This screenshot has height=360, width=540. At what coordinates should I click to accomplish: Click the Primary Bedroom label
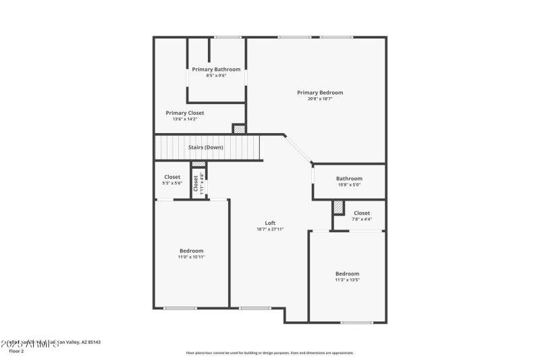click(x=320, y=93)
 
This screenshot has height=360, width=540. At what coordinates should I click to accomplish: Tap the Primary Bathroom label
click(x=216, y=70)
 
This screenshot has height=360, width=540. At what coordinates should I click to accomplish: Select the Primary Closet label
click(x=185, y=113)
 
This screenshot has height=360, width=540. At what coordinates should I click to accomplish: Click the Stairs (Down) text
click(x=206, y=147)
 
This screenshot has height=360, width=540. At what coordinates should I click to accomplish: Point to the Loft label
click(x=270, y=224)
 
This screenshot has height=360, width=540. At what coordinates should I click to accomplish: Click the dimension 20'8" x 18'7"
click(x=320, y=99)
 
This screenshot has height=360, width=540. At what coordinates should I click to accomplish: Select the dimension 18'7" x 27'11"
click(x=270, y=230)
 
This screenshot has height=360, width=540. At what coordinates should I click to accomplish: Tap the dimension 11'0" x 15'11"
click(x=191, y=257)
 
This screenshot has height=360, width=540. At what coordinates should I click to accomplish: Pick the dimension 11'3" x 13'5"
click(x=347, y=280)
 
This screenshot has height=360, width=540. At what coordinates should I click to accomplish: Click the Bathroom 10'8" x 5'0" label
click(x=349, y=179)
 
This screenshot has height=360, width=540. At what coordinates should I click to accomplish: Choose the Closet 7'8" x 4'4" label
click(x=362, y=213)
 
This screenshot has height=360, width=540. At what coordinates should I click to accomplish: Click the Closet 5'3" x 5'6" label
click(x=172, y=177)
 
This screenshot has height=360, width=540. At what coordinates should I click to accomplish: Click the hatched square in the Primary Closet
click(x=238, y=128)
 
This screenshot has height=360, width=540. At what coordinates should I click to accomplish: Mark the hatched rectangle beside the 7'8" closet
click(x=339, y=208)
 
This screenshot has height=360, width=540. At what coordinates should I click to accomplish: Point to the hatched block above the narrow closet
click(x=198, y=164)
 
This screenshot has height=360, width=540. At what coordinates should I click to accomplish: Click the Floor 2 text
click(x=16, y=351)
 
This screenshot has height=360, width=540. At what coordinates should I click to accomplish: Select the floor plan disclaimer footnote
click(x=269, y=353)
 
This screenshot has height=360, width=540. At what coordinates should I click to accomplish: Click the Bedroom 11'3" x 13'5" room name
click(x=347, y=274)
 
